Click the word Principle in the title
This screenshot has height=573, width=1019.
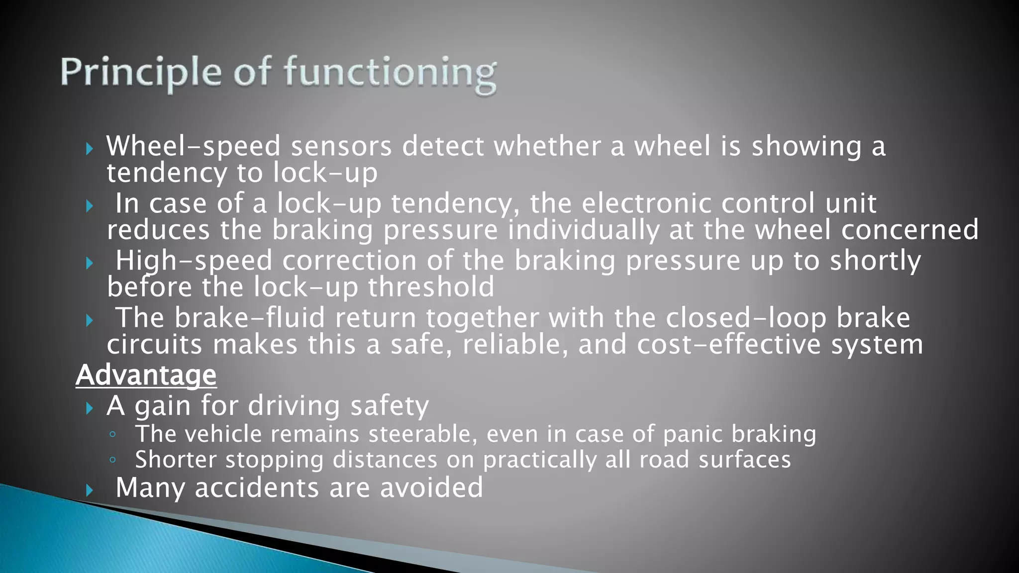point(141,72)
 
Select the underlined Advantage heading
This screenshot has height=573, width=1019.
point(146,375)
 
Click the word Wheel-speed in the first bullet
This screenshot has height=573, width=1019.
point(194,146)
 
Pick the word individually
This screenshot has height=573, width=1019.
point(583,230)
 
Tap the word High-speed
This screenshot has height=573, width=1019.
point(194,261)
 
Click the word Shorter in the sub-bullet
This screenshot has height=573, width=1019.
point(176,460)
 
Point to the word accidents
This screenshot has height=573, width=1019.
point(257,487)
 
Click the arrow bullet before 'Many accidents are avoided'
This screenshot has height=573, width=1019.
point(90,490)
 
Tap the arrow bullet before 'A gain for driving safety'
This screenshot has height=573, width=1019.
point(90,408)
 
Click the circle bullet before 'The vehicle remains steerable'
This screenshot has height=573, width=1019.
point(112,435)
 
